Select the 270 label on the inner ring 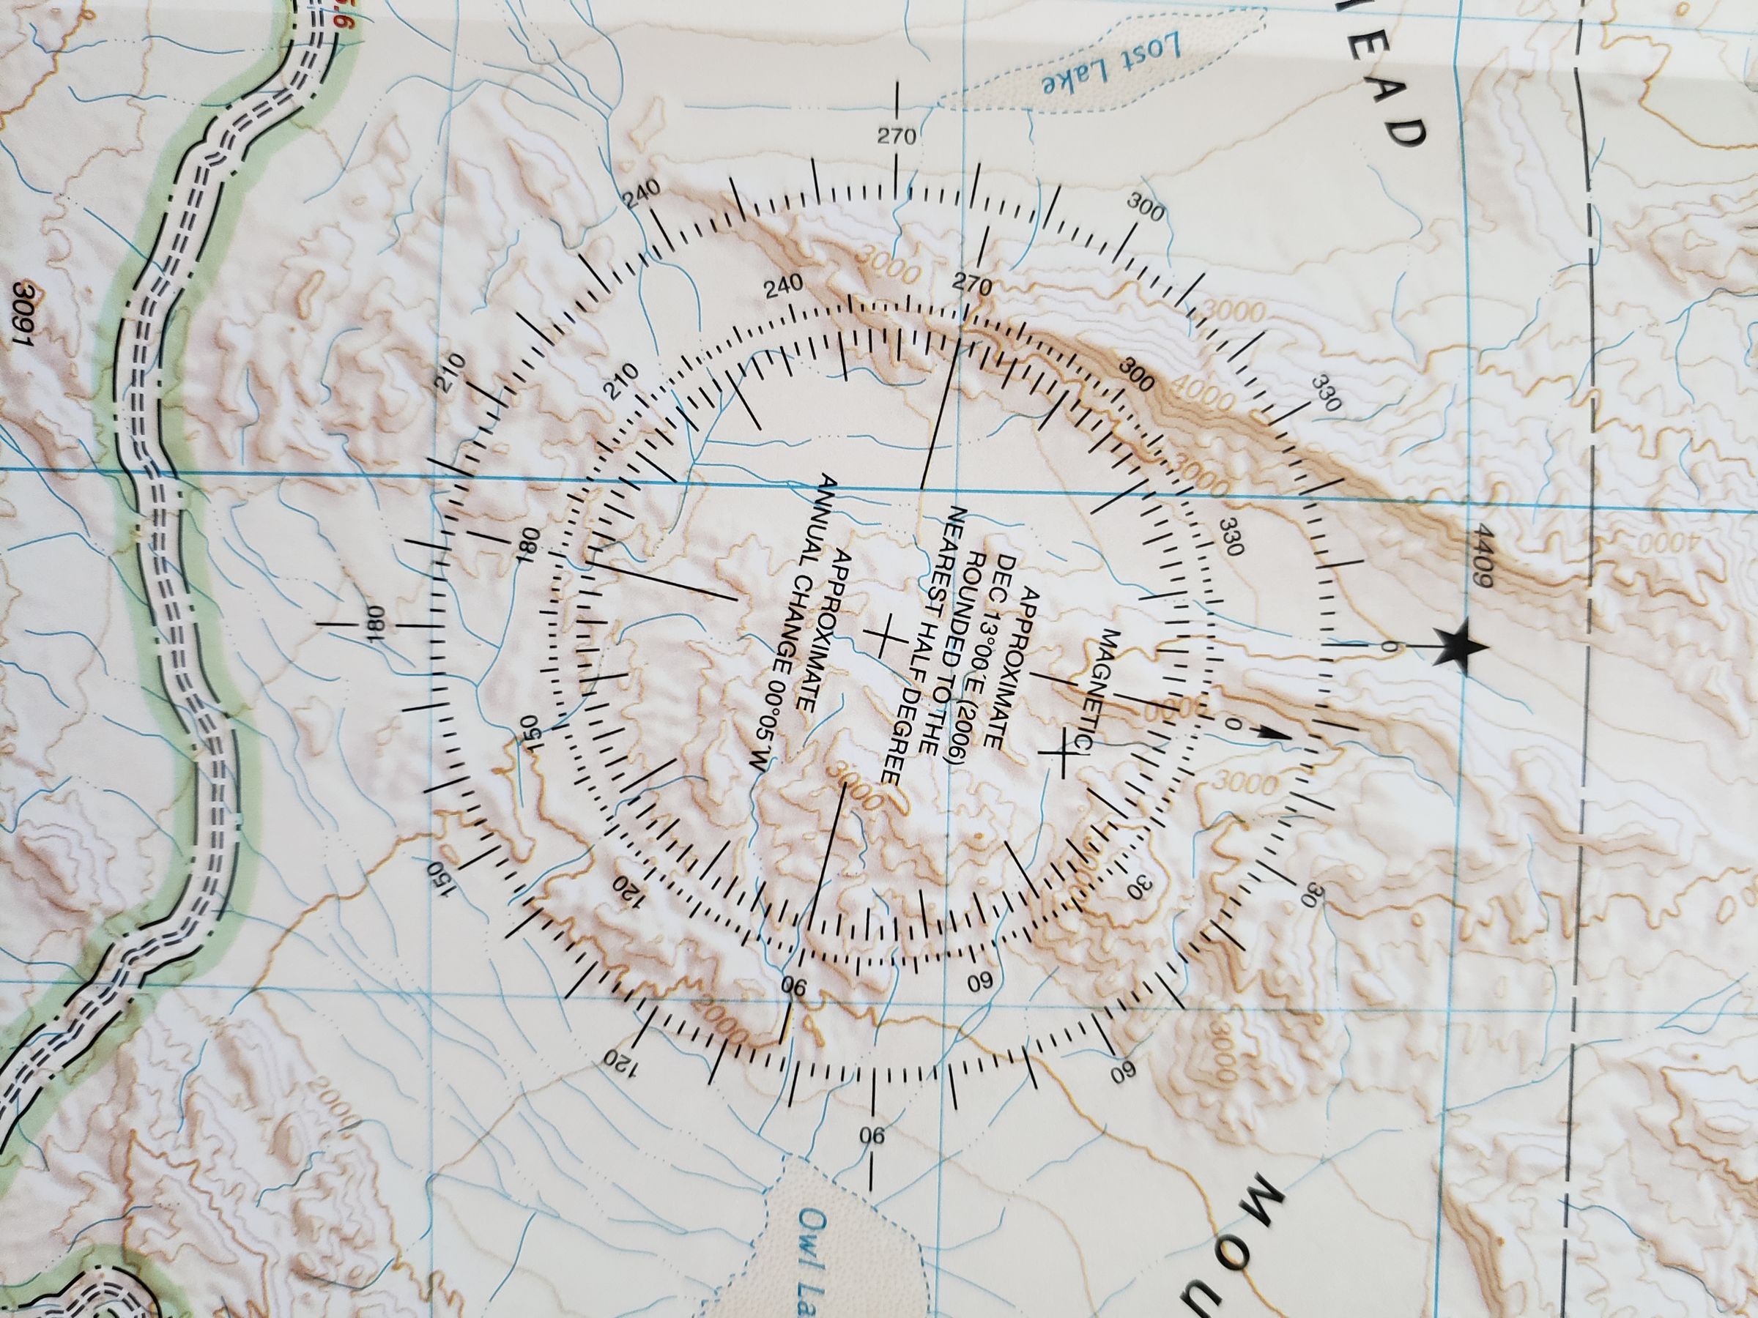click(972, 284)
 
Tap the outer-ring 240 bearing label click(643, 196)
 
